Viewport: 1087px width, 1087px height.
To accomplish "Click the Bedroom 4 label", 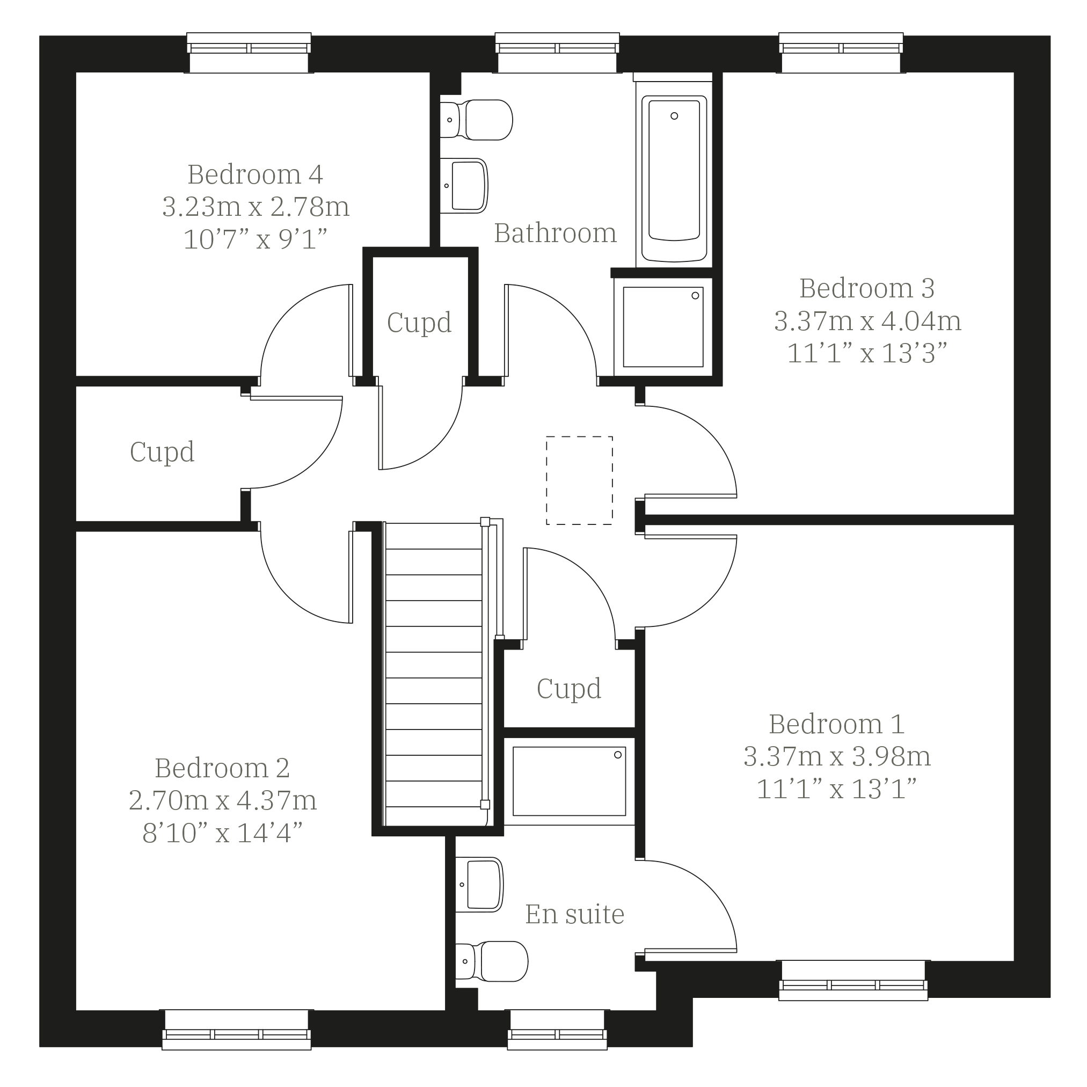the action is click(x=255, y=174).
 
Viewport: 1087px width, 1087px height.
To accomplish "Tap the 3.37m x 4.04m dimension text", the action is click(x=867, y=321).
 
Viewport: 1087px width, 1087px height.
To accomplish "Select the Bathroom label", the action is click(x=556, y=233).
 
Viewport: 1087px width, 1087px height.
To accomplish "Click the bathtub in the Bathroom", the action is click(x=674, y=178).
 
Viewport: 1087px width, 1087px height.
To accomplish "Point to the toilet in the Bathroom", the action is click(x=476, y=120).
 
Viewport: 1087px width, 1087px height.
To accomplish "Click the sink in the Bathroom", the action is click(x=464, y=186).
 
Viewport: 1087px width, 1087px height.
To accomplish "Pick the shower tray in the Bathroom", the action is click(x=663, y=327).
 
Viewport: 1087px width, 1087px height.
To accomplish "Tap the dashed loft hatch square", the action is click(x=580, y=480).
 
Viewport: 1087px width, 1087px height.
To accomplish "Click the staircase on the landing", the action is click(x=434, y=674).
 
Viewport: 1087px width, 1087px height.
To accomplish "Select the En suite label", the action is click(x=575, y=914).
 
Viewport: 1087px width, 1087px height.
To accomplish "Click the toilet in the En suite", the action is click(x=492, y=961).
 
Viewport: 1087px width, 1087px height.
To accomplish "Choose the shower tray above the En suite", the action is click(x=570, y=782).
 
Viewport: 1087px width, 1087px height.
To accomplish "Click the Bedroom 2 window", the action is click(x=236, y=1030).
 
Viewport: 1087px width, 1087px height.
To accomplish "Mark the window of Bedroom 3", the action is click(x=841, y=53).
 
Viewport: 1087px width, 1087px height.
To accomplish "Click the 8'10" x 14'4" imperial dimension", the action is click(x=223, y=833).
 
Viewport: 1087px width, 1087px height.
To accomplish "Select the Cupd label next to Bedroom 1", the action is click(x=569, y=689).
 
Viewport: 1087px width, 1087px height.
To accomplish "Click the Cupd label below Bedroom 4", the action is click(x=162, y=452).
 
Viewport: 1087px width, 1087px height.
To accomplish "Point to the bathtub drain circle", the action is click(x=675, y=116).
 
